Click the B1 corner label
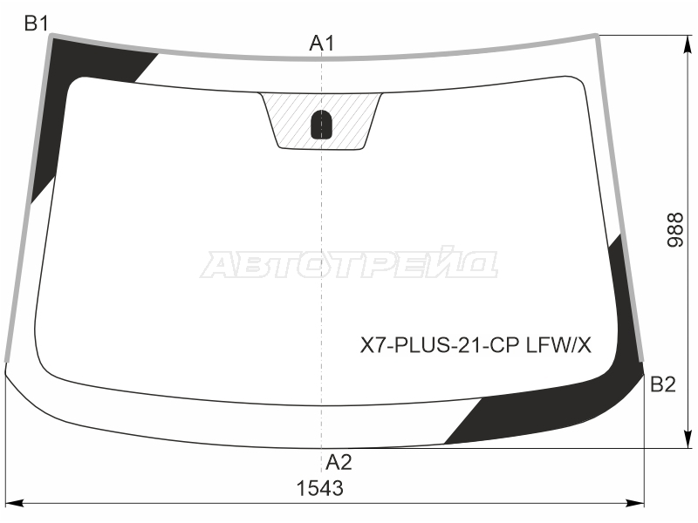pos(37,24)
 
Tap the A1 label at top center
pos(322,44)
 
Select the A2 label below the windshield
pos(339,463)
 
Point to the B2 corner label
pos(663,384)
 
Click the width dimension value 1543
pos(319,488)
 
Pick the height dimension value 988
pos(675,229)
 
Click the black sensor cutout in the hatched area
pos(321,124)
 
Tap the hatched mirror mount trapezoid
pos(321,121)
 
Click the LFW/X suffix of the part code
pos(559,344)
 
